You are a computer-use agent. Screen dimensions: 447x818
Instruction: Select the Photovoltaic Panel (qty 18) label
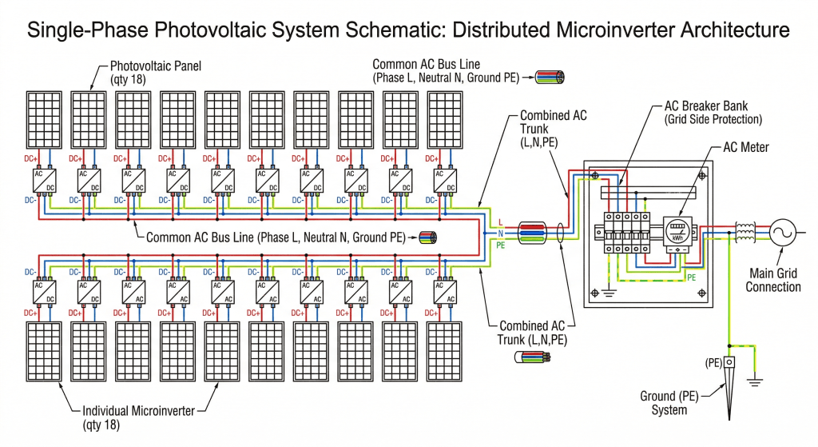[155, 73]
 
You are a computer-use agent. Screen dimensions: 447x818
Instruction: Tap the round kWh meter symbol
[677, 230]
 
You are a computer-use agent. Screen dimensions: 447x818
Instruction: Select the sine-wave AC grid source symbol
[780, 233]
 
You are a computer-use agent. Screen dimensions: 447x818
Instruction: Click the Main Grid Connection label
[772, 280]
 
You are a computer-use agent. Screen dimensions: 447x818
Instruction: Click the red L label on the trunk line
[500, 222]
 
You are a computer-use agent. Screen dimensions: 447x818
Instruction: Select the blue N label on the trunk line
[500, 233]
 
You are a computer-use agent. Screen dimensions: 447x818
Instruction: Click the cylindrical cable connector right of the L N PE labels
[532, 233]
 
